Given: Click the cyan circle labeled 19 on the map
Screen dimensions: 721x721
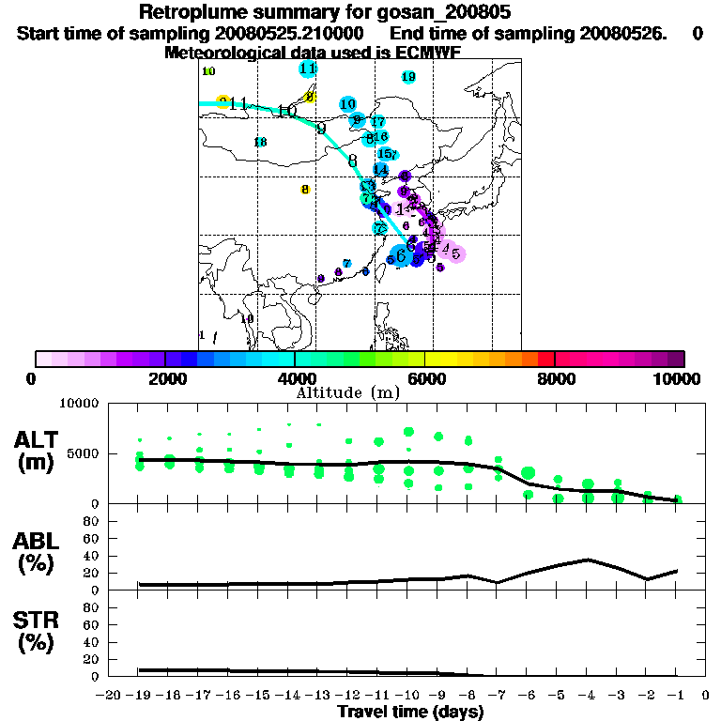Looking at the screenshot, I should point(408,77).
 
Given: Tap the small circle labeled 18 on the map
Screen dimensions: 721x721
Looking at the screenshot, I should point(260,142).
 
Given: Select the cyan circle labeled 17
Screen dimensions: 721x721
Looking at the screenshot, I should point(377,122).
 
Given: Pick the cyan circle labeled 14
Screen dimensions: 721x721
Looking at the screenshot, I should point(380,169).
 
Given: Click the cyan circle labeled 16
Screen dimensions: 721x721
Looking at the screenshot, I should point(380,137).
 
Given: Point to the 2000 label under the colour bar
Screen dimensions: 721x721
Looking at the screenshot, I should point(164,378).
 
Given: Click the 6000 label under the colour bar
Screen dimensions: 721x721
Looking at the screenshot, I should point(425,378).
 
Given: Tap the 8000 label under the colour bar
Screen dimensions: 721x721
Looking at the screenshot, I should point(555,378).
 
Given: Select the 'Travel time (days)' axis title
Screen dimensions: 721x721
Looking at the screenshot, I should point(411,712).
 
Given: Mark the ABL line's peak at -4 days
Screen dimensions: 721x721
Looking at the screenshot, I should point(588,559).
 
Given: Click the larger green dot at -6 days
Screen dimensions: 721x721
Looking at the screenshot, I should point(529,472).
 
